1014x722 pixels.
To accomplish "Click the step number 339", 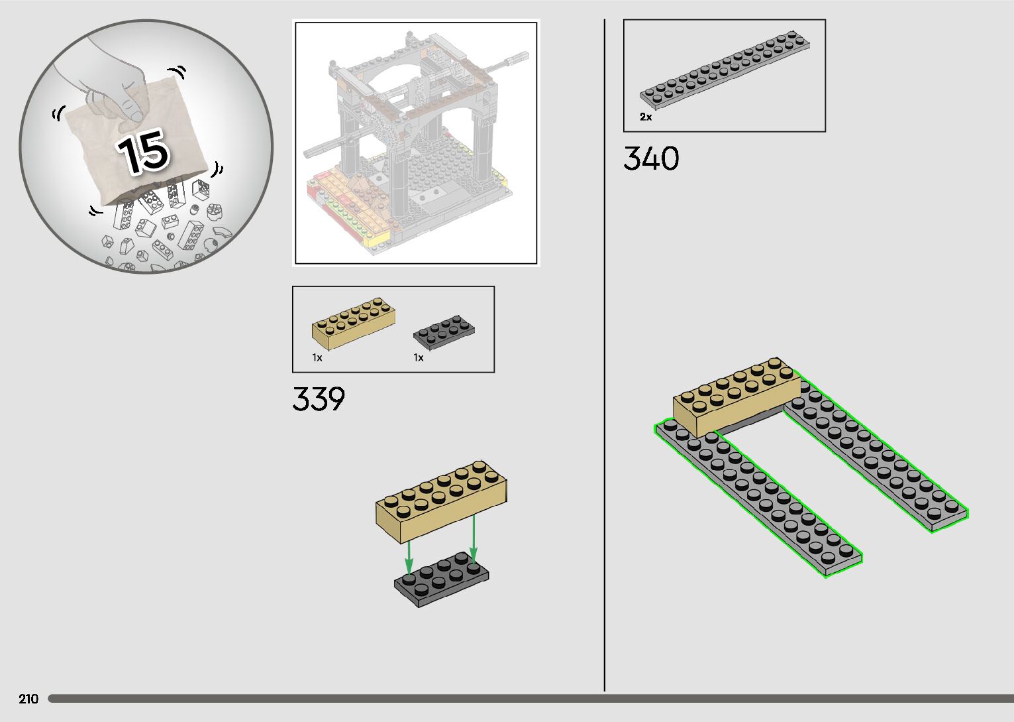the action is (319, 399).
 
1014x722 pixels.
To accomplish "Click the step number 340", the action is (652, 158).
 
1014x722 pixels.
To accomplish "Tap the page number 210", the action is (28, 699).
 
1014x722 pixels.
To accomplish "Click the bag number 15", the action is (144, 152).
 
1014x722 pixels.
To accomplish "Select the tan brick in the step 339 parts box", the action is (353, 323).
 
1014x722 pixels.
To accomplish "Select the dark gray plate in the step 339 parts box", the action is (444, 333).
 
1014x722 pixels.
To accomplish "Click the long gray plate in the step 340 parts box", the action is (725, 70).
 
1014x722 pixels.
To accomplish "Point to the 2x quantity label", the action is (646, 117).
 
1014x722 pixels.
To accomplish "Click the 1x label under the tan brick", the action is (317, 357).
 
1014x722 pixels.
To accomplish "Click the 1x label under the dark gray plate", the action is (419, 357).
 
